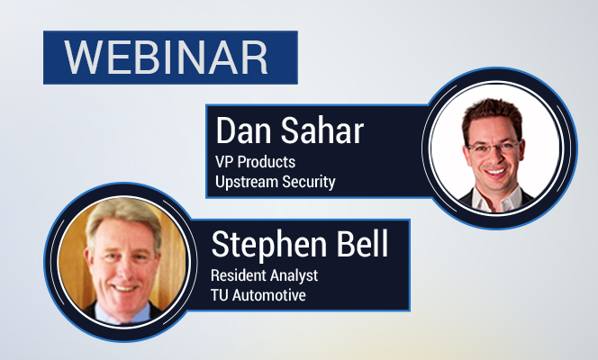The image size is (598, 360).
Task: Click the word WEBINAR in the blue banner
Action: click(x=166, y=58)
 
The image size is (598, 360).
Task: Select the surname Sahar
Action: click(x=322, y=130)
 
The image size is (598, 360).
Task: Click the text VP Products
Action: click(x=255, y=162)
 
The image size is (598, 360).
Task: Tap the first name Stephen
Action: click(x=269, y=245)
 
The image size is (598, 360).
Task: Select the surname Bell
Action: click(x=363, y=243)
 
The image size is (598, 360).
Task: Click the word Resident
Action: click(x=234, y=275)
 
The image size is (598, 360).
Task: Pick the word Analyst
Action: click(x=291, y=275)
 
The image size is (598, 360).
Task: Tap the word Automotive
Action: click(x=269, y=295)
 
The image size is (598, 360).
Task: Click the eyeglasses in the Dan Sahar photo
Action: click(x=494, y=147)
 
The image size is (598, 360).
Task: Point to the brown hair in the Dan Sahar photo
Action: click(x=492, y=112)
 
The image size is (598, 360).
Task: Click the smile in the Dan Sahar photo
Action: click(x=496, y=172)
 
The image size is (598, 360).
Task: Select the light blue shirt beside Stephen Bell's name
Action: click(x=122, y=313)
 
